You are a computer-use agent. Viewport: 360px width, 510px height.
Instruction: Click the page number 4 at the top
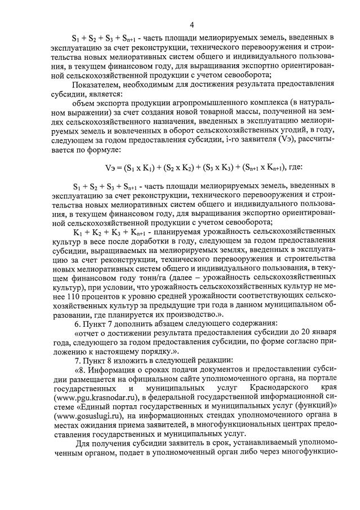click(192, 25)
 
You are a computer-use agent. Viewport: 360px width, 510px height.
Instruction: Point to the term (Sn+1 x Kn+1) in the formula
click(262, 167)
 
